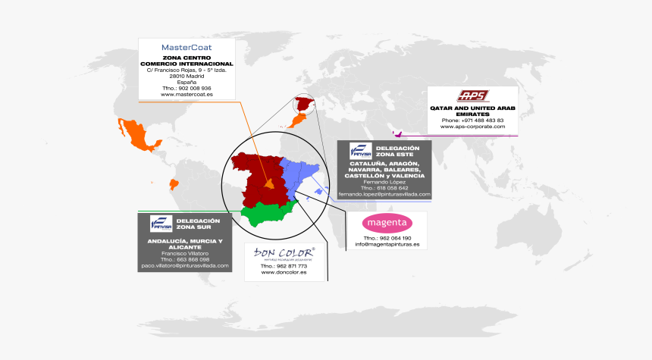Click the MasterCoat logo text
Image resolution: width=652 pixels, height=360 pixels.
[187, 47]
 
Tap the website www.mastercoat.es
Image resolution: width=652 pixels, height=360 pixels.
[187, 95]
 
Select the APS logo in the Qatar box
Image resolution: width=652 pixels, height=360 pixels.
[472, 95]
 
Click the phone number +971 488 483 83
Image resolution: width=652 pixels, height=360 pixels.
[472, 121]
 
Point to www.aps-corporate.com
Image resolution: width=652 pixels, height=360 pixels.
[472, 127]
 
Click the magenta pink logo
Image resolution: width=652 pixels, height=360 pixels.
[387, 223]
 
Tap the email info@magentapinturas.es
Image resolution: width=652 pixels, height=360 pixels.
[387, 244]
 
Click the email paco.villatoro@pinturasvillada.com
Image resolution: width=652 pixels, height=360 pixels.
[185, 266]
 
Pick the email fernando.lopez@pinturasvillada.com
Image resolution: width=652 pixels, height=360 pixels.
[384, 194]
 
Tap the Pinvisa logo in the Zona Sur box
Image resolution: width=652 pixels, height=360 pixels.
[161, 224]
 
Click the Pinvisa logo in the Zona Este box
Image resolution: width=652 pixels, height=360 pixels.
[359, 150]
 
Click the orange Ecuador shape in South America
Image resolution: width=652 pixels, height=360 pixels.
[175, 183]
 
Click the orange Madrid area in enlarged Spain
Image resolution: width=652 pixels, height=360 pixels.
[268, 183]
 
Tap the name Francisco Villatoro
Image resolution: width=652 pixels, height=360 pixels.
[185, 253]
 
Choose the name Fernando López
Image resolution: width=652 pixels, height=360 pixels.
[384, 182]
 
